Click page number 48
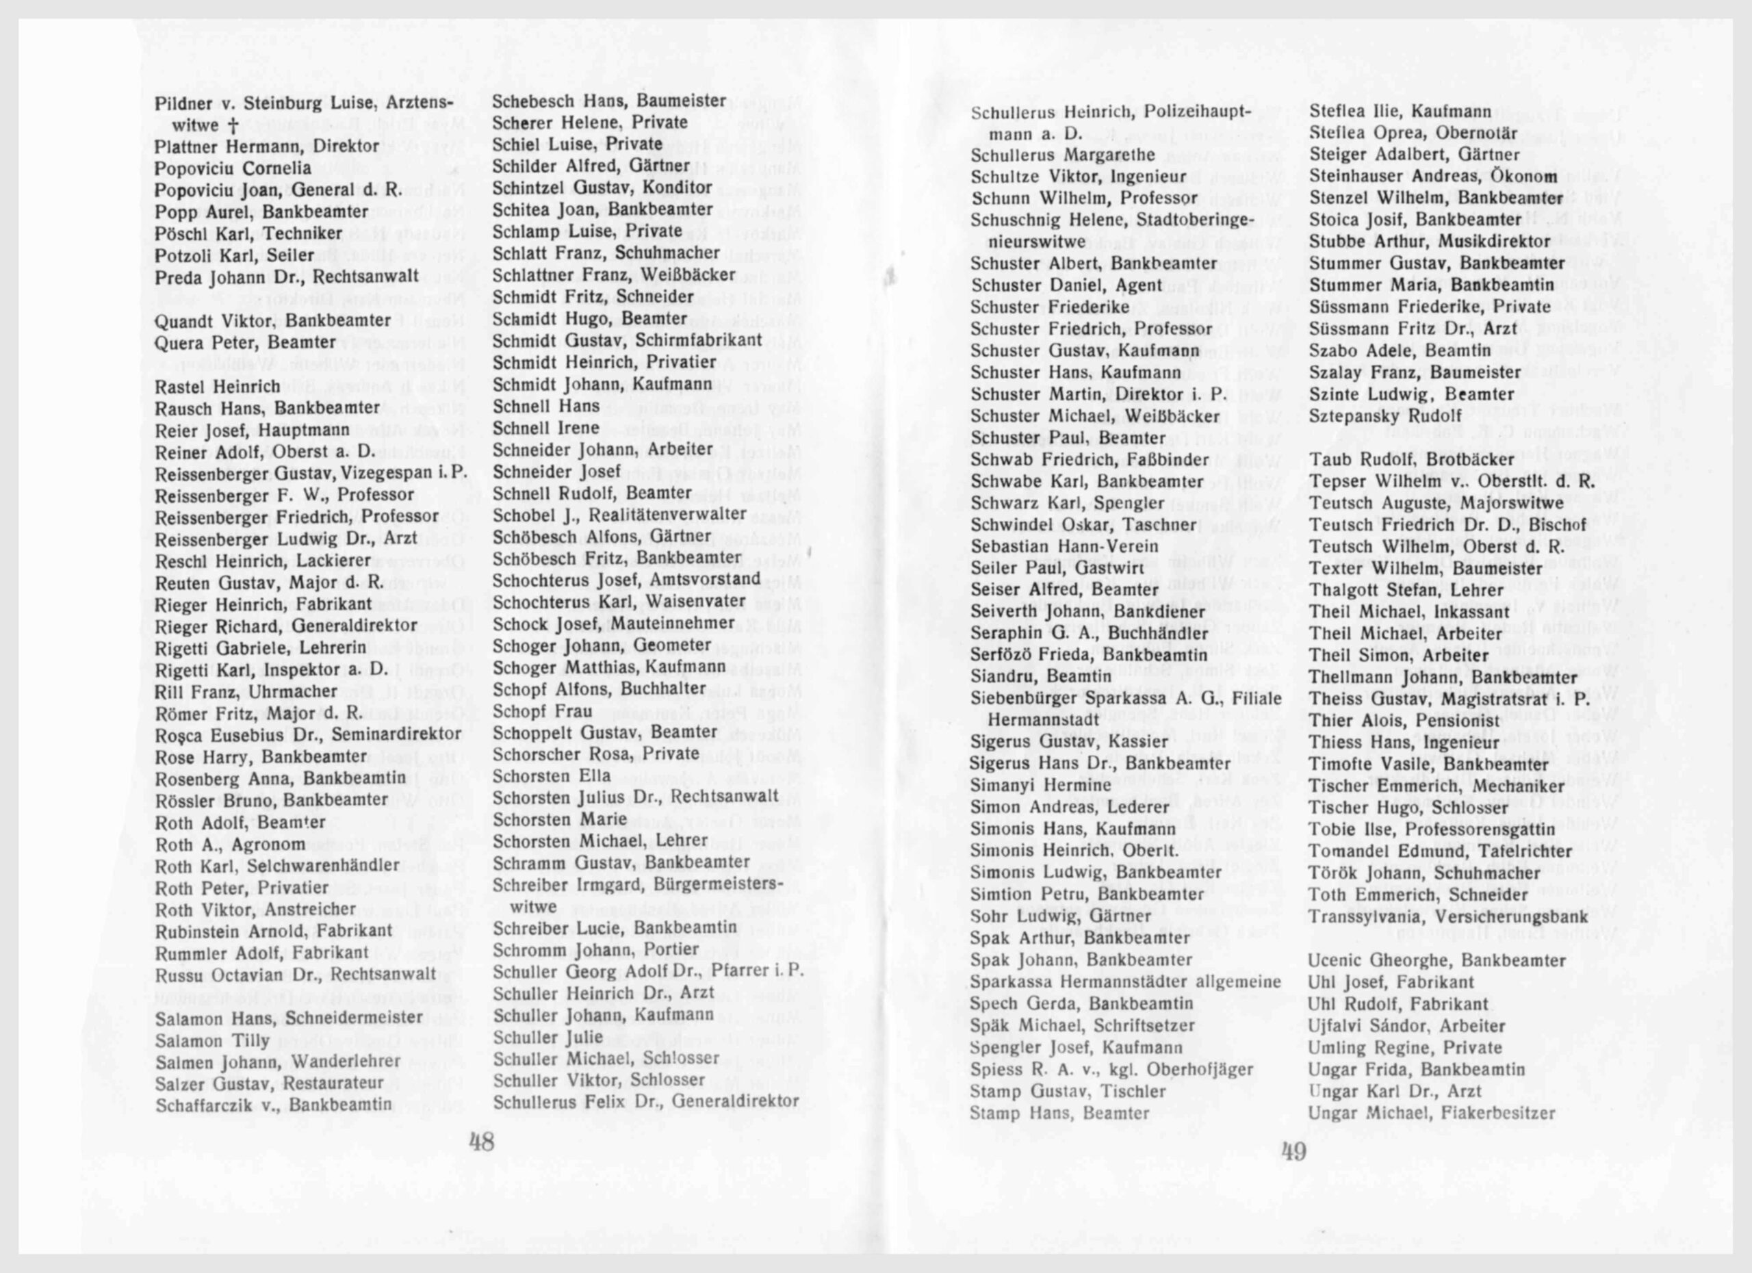click(x=482, y=1142)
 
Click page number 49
click(x=1294, y=1152)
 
